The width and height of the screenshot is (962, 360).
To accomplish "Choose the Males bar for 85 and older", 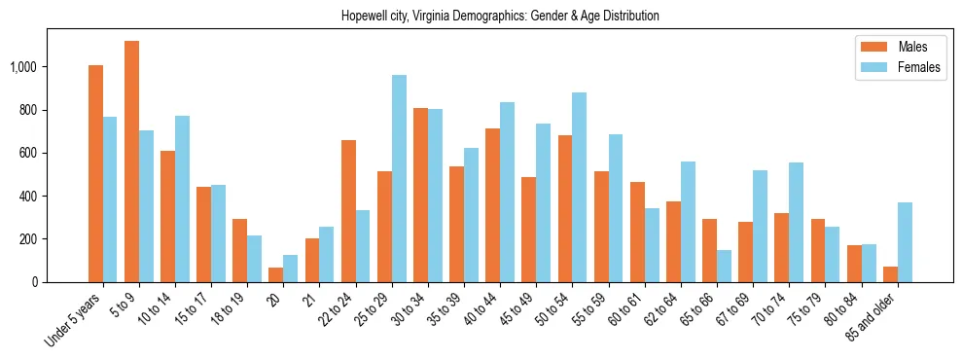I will (890, 274).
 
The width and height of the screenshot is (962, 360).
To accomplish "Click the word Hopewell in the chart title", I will (364, 17).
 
